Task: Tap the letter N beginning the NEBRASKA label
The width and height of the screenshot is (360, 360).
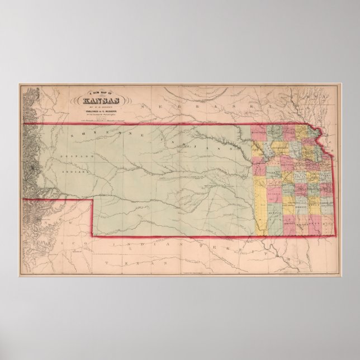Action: click(x=144, y=106)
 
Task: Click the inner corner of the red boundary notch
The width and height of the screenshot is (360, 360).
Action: click(x=92, y=198)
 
